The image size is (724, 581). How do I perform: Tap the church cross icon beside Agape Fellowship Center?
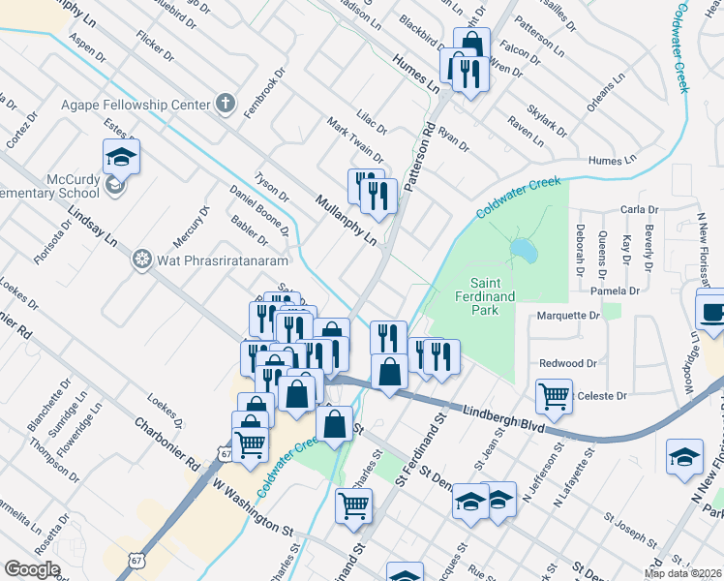tap(225, 103)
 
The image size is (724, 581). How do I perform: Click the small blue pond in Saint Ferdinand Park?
tap(523, 251)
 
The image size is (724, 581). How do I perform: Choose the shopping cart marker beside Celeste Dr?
tap(554, 395)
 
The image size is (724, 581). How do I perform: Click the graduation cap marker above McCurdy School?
tap(122, 157)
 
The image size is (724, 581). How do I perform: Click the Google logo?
tap(32, 569)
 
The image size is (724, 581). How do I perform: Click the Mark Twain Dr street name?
tap(355, 141)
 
